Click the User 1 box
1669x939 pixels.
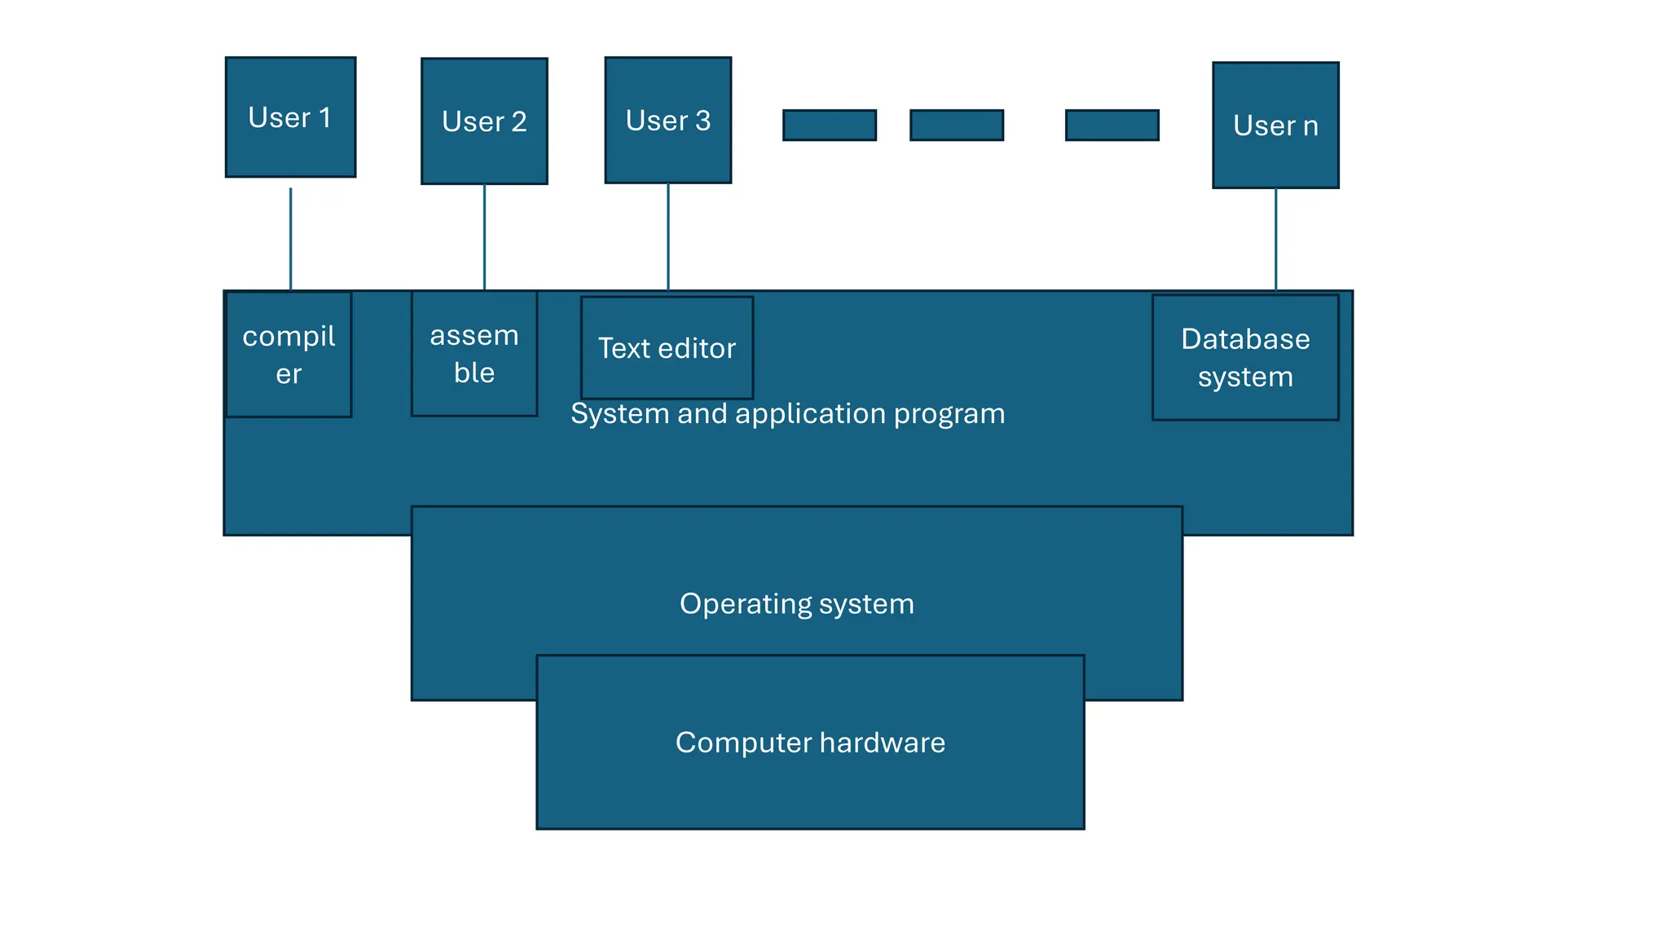click(x=290, y=117)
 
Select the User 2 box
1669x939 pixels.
click(x=484, y=121)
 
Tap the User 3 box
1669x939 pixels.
click(x=667, y=120)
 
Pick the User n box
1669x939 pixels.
click(x=1275, y=125)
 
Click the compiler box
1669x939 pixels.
click(x=288, y=355)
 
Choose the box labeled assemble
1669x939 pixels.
click(x=474, y=354)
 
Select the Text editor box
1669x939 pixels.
click(x=667, y=348)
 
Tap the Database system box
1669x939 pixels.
click(x=1245, y=357)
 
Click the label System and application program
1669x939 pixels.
click(x=787, y=413)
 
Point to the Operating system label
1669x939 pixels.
click(x=796, y=603)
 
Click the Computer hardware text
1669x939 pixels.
click(x=810, y=742)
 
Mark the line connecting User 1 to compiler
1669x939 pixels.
click(x=291, y=239)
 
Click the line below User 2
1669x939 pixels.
click(x=484, y=236)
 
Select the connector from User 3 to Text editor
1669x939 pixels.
click(x=668, y=236)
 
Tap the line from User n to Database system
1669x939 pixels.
click(x=1275, y=239)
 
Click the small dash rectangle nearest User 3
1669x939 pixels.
click(x=830, y=125)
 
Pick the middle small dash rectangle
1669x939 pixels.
click(x=957, y=125)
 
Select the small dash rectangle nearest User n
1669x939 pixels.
click(x=1112, y=125)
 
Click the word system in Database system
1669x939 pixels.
click(x=1245, y=377)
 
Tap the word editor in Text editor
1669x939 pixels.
click(x=697, y=348)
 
